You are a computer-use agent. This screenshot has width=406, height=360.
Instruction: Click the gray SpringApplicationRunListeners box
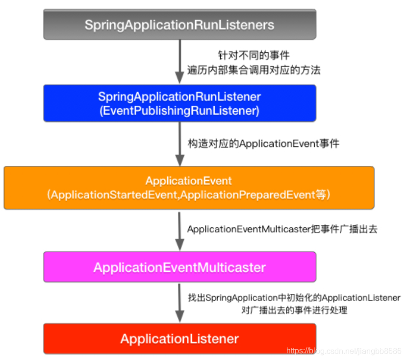[x=179, y=25]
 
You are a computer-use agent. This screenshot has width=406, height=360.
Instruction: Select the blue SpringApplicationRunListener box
[x=179, y=103]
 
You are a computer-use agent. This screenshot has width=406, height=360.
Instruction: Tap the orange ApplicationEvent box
[x=189, y=188]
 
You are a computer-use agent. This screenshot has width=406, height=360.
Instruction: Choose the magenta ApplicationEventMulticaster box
[x=179, y=267]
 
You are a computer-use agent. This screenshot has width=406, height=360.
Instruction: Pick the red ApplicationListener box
[x=179, y=338]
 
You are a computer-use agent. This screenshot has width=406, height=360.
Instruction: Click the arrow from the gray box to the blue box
[x=179, y=61]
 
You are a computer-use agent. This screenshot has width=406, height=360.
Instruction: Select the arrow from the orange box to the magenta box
[x=179, y=230]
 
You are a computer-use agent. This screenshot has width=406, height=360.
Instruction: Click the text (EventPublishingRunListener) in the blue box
[x=179, y=110]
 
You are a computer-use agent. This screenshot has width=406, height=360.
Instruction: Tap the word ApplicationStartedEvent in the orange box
[x=111, y=195]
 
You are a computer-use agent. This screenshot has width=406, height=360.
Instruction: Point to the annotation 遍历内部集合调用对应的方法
[x=254, y=70]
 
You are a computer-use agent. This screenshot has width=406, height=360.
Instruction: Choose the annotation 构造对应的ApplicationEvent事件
[x=264, y=144]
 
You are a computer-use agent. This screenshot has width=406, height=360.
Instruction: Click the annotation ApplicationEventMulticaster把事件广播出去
[x=282, y=229]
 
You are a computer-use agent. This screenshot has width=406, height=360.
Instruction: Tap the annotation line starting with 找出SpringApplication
[x=294, y=298]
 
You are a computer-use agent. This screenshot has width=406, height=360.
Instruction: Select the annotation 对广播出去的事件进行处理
[x=294, y=310]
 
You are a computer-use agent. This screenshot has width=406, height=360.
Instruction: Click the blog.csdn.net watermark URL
[x=344, y=351]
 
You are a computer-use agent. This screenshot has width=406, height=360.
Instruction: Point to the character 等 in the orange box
[x=320, y=195]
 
